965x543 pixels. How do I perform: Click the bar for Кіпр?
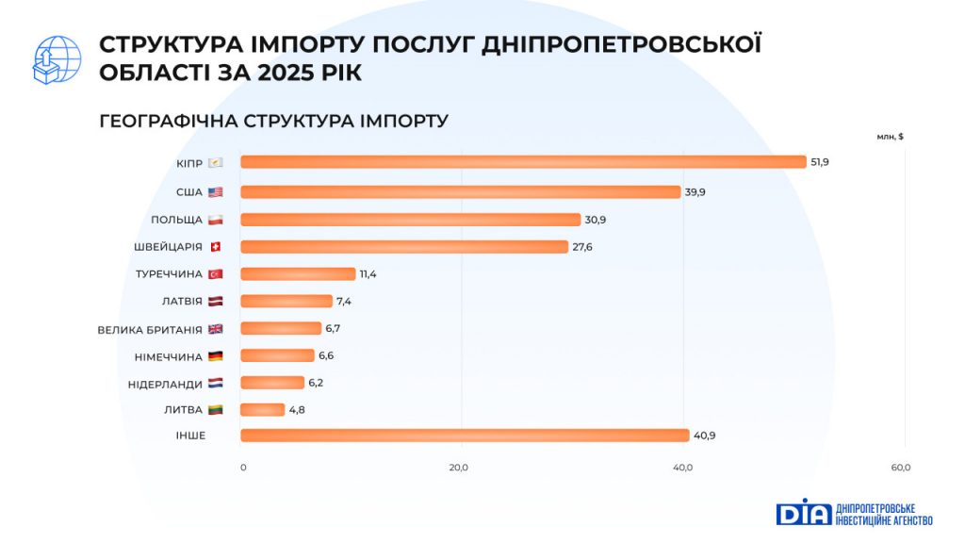pyautogui.click(x=523, y=162)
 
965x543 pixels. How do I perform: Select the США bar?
pyautogui.click(x=460, y=192)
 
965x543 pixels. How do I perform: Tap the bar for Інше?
pyautogui.click(x=465, y=436)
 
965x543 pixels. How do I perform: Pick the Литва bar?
pyautogui.click(x=262, y=410)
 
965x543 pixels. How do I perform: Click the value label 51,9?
pyautogui.click(x=820, y=162)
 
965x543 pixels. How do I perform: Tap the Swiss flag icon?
pyautogui.click(x=215, y=247)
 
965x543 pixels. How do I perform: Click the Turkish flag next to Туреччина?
pyautogui.click(x=215, y=274)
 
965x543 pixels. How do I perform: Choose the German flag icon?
pyautogui.click(x=215, y=356)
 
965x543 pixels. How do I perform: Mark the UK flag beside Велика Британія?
pyautogui.click(x=215, y=329)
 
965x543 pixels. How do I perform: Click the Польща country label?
pyautogui.click(x=176, y=220)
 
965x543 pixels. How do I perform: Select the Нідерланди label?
pyautogui.click(x=165, y=384)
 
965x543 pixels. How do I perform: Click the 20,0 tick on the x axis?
pyautogui.click(x=459, y=468)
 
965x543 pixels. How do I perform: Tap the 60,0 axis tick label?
pyautogui.click(x=900, y=468)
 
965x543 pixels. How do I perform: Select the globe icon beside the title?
pyautogui.click(x=57, y=60)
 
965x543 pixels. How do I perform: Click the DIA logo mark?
pyautogui.click(x=804, y=512)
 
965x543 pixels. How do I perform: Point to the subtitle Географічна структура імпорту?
pyautogui.click(x=273, y=121)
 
